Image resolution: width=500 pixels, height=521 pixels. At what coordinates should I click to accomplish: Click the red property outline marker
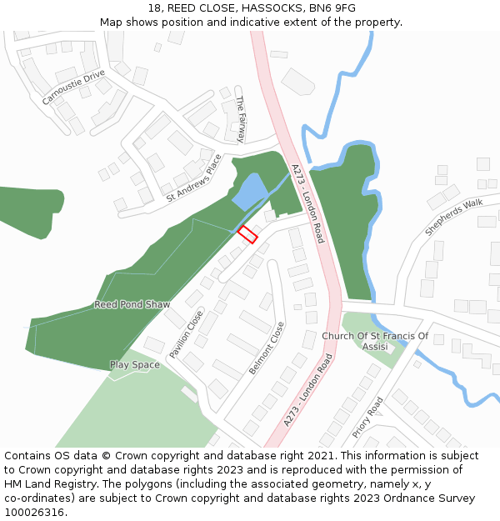247,234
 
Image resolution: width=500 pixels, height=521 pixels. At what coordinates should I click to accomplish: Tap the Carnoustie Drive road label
74,87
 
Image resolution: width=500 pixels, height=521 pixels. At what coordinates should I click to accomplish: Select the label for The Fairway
242,119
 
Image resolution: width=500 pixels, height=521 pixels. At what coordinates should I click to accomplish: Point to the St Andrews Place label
194,178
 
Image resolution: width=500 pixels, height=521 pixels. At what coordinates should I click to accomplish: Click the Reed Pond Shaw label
132,305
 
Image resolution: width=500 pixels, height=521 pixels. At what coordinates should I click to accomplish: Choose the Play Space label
134,365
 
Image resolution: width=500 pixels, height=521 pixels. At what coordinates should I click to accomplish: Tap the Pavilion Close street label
186,334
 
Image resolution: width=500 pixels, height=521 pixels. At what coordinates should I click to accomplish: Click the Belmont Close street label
267,348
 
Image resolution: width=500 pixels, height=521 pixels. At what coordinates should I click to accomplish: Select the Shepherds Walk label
453,217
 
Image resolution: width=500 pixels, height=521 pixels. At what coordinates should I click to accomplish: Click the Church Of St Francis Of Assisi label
375,341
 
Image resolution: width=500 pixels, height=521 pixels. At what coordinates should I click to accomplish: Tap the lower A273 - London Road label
307,390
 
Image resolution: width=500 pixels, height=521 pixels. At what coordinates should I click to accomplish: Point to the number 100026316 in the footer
34,513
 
